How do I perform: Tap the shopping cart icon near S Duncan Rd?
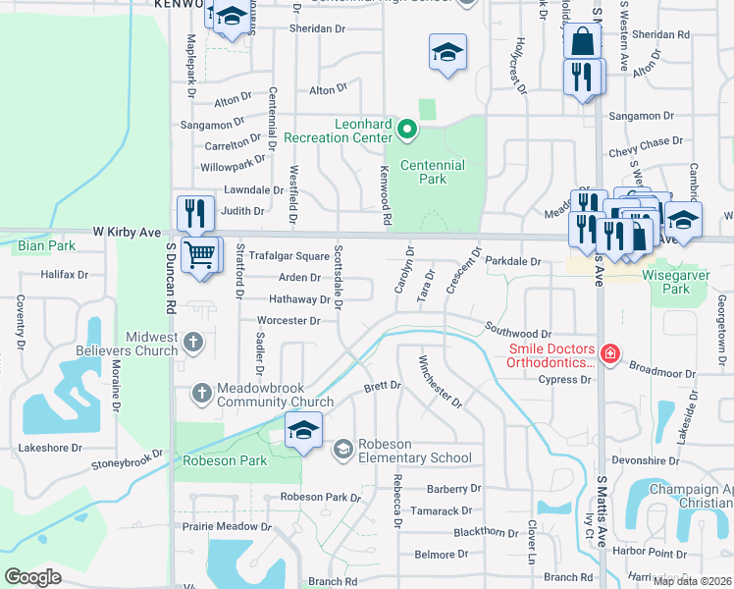(201, 255)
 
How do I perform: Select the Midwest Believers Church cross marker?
(193, 342)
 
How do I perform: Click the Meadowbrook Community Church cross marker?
(201, 393)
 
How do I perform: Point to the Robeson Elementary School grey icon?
(342, 449)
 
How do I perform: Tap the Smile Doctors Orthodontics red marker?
(609, 353)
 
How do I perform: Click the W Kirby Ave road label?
(127, 233)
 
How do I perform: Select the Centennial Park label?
(423, 172)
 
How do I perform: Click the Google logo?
(33, 577)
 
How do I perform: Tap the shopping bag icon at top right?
(582, 41)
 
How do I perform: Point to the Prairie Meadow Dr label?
(224, 526)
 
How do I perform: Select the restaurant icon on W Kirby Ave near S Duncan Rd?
(194, 213)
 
